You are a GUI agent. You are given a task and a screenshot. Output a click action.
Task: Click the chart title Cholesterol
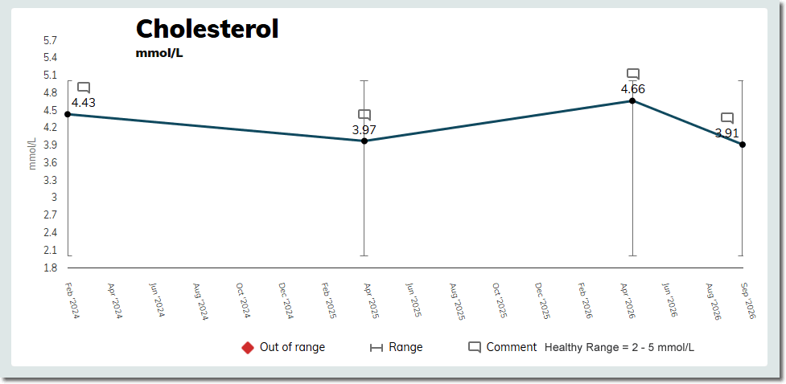[x=207, y=29]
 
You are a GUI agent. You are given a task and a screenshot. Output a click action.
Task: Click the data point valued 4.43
[x=68, y=114]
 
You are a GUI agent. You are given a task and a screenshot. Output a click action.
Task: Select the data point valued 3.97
[x=364, y=141]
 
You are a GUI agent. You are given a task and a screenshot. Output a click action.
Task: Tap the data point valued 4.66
[x=632, y=100]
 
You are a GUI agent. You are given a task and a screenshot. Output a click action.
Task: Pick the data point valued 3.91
[x=743, y=145]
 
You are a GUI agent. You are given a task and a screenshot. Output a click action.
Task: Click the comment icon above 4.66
[x=633, y=74]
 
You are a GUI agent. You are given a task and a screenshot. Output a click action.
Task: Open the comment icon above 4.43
[x=84, y=88]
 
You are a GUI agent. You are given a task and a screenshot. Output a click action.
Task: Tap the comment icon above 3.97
[x=364, y=115]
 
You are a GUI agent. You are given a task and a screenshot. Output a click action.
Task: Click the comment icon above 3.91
[x=727, y=118]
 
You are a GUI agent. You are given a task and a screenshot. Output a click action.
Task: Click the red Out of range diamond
[x=248, y=348]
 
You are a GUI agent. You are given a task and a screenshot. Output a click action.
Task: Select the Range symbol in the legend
[x=376, y=348]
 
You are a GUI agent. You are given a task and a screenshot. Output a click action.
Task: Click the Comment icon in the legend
[x=475, y=348]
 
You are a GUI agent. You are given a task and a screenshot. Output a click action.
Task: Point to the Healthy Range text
[x=619, y=348]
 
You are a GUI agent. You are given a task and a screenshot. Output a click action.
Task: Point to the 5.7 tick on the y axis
[x=51, y=40]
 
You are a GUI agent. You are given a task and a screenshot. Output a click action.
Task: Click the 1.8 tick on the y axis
[x=51, y=268]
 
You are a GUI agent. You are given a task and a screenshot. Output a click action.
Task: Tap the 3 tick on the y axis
[x=54, y=198]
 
